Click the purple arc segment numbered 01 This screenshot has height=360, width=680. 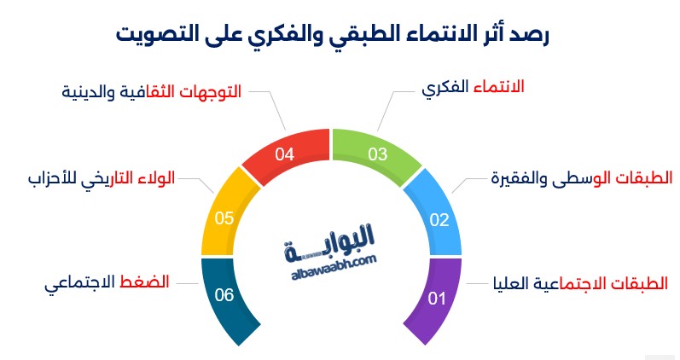[x=437, y=299]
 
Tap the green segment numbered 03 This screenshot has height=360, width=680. [x=376, y=154]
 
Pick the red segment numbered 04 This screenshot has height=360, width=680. [x=285, y=154]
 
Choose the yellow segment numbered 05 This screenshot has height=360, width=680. [x=224, y=218]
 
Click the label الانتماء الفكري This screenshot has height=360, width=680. [x=474, y=87]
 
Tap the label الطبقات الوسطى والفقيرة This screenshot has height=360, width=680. [x=582, y=177]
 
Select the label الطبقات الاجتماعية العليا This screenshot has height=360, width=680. [x=581, y=283]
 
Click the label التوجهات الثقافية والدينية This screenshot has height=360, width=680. [x=151, y=92]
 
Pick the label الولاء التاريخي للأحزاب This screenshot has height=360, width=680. [x=102, y=178]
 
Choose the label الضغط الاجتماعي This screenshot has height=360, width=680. [x=107, y=282]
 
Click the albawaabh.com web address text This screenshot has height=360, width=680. [x=334, y=267]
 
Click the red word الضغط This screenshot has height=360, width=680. [x=144, y=282]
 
